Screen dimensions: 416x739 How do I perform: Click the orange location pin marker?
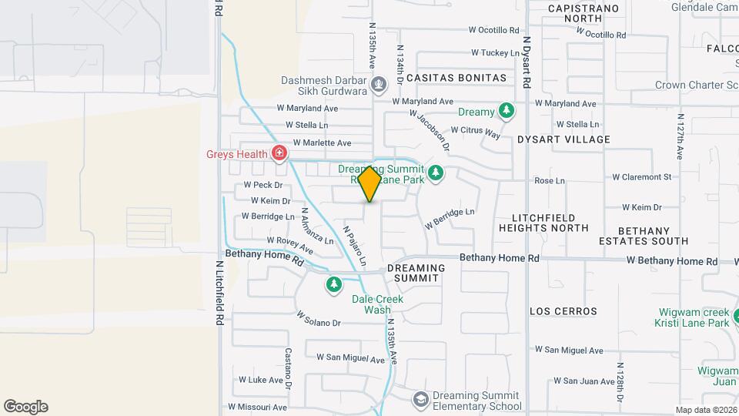coord(369,183)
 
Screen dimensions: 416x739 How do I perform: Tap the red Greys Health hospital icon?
coord(279,153)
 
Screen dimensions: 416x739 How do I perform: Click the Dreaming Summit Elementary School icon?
coord(420,399)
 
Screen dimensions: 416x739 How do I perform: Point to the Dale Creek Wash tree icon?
coord(333,285)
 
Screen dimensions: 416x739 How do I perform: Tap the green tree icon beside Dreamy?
coord(506,112)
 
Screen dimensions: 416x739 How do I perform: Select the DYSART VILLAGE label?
coord(574,139)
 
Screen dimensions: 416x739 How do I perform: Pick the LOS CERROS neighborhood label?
coord(563,311)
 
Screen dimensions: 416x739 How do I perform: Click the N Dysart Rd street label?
coord(527,62)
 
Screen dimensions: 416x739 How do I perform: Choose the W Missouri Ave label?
coord(257,407)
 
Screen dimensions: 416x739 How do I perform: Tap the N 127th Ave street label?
coord(680,137)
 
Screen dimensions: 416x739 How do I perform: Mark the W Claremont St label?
coord(641,176)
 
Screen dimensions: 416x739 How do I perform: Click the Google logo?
coord(25,406)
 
